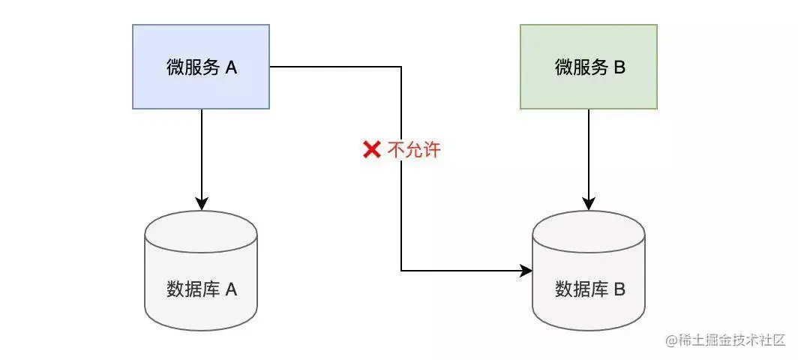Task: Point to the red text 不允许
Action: pos(414,150)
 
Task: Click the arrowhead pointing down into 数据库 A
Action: pos(201,203)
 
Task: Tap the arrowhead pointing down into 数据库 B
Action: pos(589,203)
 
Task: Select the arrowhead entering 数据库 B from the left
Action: pos(526,270)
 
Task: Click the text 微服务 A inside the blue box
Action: pos(201,67)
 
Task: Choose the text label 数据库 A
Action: pos(201,289)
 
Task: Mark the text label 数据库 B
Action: pos(589,289)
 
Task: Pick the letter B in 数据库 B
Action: pos(619,289)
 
